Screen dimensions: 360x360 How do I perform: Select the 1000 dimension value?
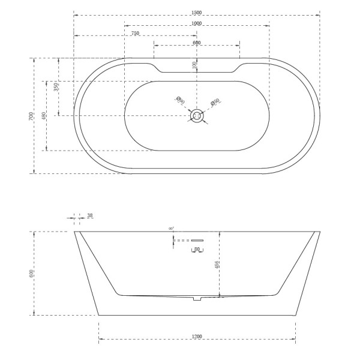(197, 23)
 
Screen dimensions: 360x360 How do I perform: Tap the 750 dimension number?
(135, 34)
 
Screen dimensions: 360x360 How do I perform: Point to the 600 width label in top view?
(197, 43)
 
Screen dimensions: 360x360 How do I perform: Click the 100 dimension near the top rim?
(194, 65)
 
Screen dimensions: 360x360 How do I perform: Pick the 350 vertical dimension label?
(56, 86)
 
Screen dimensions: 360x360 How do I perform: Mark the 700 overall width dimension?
(31, 116)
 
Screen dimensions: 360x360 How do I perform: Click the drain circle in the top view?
(197, 114)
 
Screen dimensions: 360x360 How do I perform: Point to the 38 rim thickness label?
(90, 215)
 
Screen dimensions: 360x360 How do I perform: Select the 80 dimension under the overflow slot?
(197, 248)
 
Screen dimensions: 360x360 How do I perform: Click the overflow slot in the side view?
(197, 240)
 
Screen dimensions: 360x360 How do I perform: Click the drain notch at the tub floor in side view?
(196, 298)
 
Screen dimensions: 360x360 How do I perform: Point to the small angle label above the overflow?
(171, 229)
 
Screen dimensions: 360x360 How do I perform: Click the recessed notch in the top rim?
(197, 69)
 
